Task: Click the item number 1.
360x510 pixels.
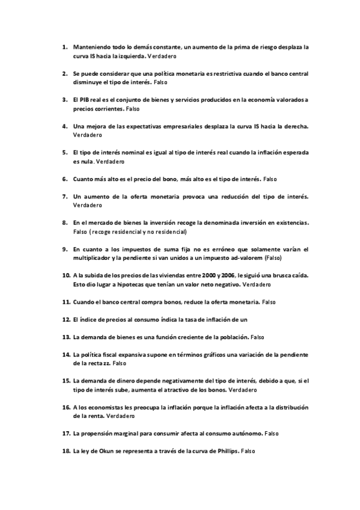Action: tap(64, 46)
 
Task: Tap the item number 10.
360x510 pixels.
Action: tap(66, 274)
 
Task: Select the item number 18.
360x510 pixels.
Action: tap(66, 451)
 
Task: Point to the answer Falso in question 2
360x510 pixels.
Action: tap(160, 81)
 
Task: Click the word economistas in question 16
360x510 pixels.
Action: tap(111, 407)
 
